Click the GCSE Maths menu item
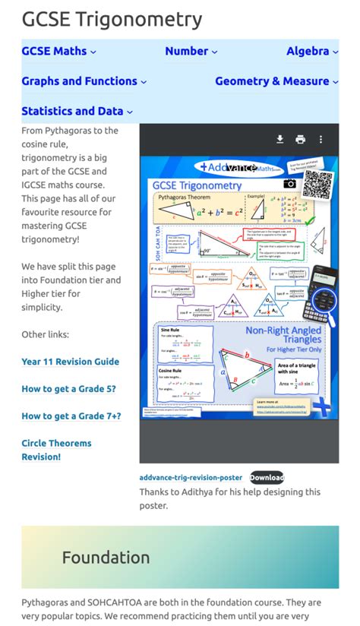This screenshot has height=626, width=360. click(x=58, y=51)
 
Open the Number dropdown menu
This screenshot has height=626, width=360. click(x=191, y=51)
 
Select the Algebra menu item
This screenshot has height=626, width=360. click(x=312, y=51)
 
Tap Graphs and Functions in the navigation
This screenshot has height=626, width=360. click(x=84, y=81)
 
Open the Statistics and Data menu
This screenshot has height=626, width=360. click(x=77, y=111)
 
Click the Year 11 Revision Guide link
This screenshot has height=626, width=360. click(x=70, y=362)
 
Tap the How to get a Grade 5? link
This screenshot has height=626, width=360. click(x=68, y=389)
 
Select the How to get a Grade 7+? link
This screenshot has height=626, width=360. click(x=71, y=416)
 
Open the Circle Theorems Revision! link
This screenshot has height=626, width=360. click(x=56, y=450)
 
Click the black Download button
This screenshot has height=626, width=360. click(x=267, y=477)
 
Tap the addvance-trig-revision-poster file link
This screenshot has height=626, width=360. click(x=191, y=478)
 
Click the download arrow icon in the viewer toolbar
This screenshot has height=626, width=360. click(x=279, y=139)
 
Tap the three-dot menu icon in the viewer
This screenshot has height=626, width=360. click(x=321, y=139)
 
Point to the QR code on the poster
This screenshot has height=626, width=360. click(x=318, y=184)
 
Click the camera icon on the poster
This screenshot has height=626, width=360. click(x=289, y=184)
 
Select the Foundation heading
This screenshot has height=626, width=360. click(x=106, y=558)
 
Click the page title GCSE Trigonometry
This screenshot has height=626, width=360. click(x=112, y=20)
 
